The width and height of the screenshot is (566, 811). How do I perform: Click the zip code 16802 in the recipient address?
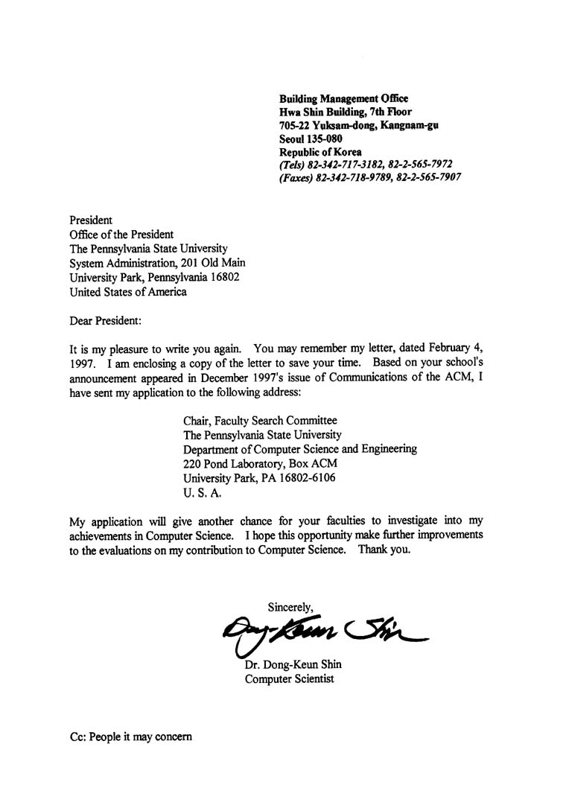click(x=223, y=277)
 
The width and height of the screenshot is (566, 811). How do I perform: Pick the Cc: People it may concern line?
click(x=130, y=737)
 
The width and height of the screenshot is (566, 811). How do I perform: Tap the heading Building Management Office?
click(x=343, y=99)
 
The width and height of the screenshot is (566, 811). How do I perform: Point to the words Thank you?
click(x=384, y=550)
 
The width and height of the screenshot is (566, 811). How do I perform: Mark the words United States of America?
click(x=128, y=292)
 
